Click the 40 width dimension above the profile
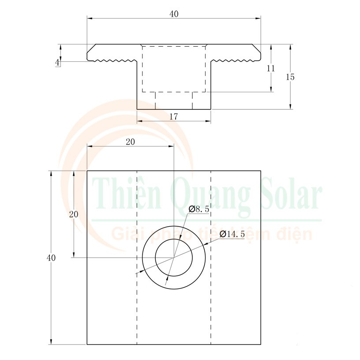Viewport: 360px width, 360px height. pos(174,14)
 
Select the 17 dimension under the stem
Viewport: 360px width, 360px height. pos(173,116)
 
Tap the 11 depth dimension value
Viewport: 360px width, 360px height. pos(271,68)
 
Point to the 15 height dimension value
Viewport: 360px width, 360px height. pos(290,77)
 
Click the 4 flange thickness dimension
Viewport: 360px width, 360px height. pos(57,62)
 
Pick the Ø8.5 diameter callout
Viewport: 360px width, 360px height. pos(199,209)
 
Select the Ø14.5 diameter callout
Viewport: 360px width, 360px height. pos(232,234)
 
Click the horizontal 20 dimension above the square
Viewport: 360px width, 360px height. pos(131,142)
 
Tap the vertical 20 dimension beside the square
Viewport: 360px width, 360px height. pos(74,214)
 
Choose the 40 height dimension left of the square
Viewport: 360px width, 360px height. pos(51,258)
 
